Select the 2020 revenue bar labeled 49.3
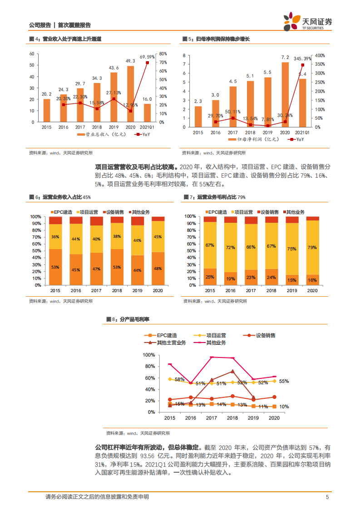pyautogui.click(x=130, y=94)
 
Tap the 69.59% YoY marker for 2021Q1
pyautogui.click(x=147, y=63)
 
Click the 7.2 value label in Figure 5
pyautogui.click(x=285, y=57)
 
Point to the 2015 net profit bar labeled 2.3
pyautogui.click(x=198, y=116)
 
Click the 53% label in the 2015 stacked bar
pyautogui.click(x=55, y=267)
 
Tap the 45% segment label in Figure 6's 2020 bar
pyautogui.click(x=158, y=236)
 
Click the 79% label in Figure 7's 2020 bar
pyautogui.click(x=312, y=247)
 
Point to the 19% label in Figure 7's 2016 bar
pyautogui.click(x=230, y=279)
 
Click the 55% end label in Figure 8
pyautogui.click(x=284, y=381)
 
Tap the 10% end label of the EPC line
pyautogui.click(x=284, y=407)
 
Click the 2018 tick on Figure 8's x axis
pyautogui.click(x=232, y=418)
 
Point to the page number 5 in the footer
pyautogui.click(x=327, y=497)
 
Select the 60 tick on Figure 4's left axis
pyautogui.click(x=32, y=54)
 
